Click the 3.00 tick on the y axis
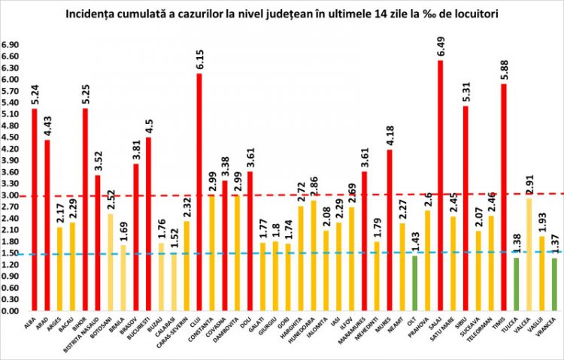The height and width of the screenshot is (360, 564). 11,195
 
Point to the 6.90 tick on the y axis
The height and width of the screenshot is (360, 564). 11,45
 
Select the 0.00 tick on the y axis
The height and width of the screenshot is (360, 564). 11,310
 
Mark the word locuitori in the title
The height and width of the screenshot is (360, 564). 473,14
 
